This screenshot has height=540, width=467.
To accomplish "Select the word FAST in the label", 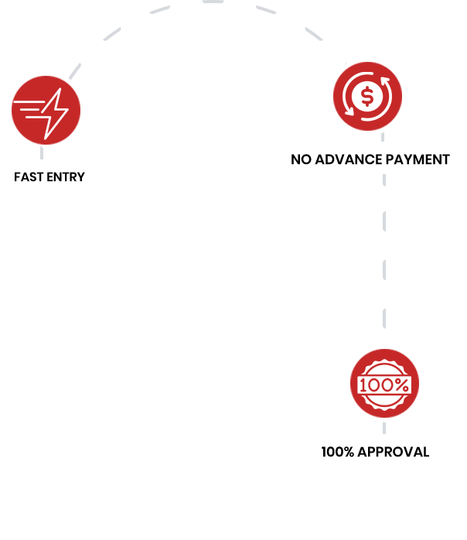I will tap(28, 177).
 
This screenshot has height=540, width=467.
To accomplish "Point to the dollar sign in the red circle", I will tap(367, 96).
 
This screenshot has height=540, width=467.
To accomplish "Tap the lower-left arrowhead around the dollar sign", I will tap(349, 110).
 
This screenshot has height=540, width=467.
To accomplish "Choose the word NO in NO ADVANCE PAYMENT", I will tap(301, 160).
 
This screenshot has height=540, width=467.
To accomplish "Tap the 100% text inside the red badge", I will tap(384, 384).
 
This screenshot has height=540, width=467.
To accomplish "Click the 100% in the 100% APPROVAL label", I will tap(336, 452).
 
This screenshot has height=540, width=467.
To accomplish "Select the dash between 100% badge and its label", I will tap(383, 428).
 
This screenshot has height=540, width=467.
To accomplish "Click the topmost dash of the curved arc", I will tap(213, 2).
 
